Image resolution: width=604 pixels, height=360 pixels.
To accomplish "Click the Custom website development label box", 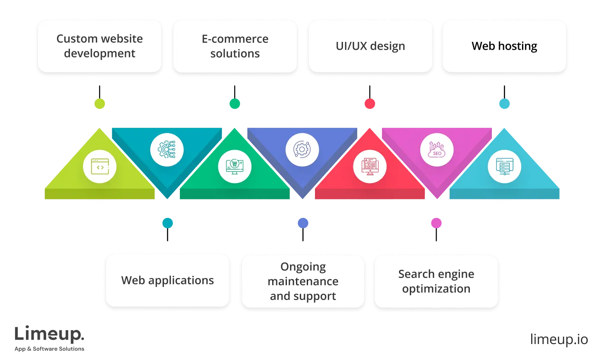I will pos(100,46).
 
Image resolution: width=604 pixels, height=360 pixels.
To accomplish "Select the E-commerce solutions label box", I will pos(235,46).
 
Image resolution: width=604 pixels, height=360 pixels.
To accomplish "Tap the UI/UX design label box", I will pos(370,46).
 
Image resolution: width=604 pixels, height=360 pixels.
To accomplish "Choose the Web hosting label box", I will pos(504,46).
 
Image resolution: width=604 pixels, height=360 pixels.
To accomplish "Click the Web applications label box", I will pos(167,281).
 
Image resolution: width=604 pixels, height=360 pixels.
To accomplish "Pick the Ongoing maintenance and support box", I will pos(303,281).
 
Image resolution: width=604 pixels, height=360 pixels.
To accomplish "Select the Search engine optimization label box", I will pos(436,281).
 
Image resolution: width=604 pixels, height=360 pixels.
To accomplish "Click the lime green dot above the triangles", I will pos(100,104).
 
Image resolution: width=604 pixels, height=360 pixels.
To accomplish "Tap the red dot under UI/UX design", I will pos(370,104).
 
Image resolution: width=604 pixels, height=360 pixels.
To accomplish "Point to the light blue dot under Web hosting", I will pos(504,104).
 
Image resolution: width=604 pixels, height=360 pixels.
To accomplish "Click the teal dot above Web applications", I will pos(168,223).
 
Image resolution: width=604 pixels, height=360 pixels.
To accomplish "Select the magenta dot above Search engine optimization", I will pos(436,223).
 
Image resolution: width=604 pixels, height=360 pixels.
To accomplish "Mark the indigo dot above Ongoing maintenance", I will pos(303,223).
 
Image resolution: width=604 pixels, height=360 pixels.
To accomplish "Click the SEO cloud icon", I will pos(437,150).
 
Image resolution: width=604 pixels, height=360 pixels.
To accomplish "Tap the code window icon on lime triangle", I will pos(100,167).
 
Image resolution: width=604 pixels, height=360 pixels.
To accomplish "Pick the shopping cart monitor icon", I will pos(235,167).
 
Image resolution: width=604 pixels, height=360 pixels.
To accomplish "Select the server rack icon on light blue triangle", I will pos(504,167).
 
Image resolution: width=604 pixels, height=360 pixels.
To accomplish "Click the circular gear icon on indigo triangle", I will pos(302,150).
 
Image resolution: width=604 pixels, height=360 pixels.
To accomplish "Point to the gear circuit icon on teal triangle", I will pos(167,150).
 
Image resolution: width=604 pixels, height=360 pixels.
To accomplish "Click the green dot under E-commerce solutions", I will pos(235,104).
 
